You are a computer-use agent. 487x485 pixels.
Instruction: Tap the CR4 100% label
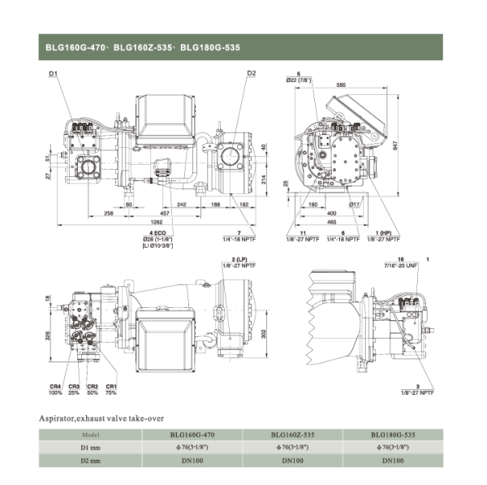(55, 389)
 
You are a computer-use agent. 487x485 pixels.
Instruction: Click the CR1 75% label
(112, 389)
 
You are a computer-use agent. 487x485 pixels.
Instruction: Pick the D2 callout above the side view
(252, 73)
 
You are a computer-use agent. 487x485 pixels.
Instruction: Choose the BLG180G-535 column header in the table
(394, 434)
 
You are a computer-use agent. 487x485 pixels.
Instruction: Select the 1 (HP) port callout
(395, 234)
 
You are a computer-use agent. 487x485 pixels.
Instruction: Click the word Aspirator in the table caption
(58, 418)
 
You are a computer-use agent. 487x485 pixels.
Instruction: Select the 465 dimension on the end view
(331, 221)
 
